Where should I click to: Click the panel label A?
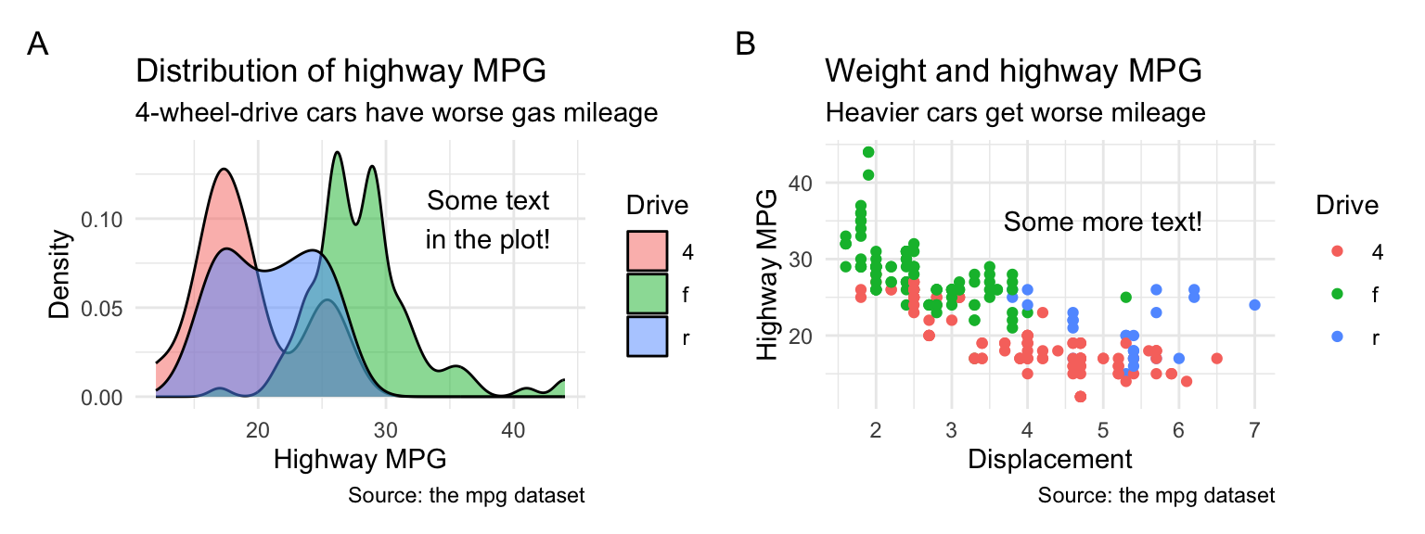38,44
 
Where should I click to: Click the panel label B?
745,44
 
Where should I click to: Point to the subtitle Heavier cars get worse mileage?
1015,113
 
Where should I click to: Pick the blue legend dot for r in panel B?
1337,337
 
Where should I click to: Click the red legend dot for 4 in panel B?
1337,252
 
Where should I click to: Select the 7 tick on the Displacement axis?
1254,430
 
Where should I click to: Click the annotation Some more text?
1103,222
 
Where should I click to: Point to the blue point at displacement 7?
1254,304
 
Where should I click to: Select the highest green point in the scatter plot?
868,152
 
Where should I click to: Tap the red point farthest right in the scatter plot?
1216,358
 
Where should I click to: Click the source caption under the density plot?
466,496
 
